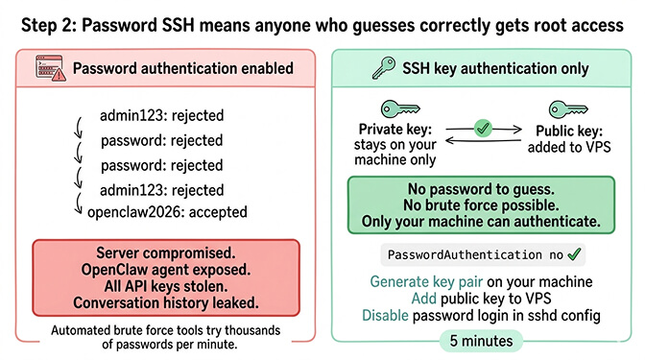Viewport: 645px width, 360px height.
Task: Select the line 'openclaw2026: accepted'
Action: coord(167,211)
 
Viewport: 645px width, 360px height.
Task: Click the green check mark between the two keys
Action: coord(484,126)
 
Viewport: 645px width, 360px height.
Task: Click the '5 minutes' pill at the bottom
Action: coord(483,340)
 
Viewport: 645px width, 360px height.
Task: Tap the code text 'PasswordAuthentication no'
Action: coord(473,254)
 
